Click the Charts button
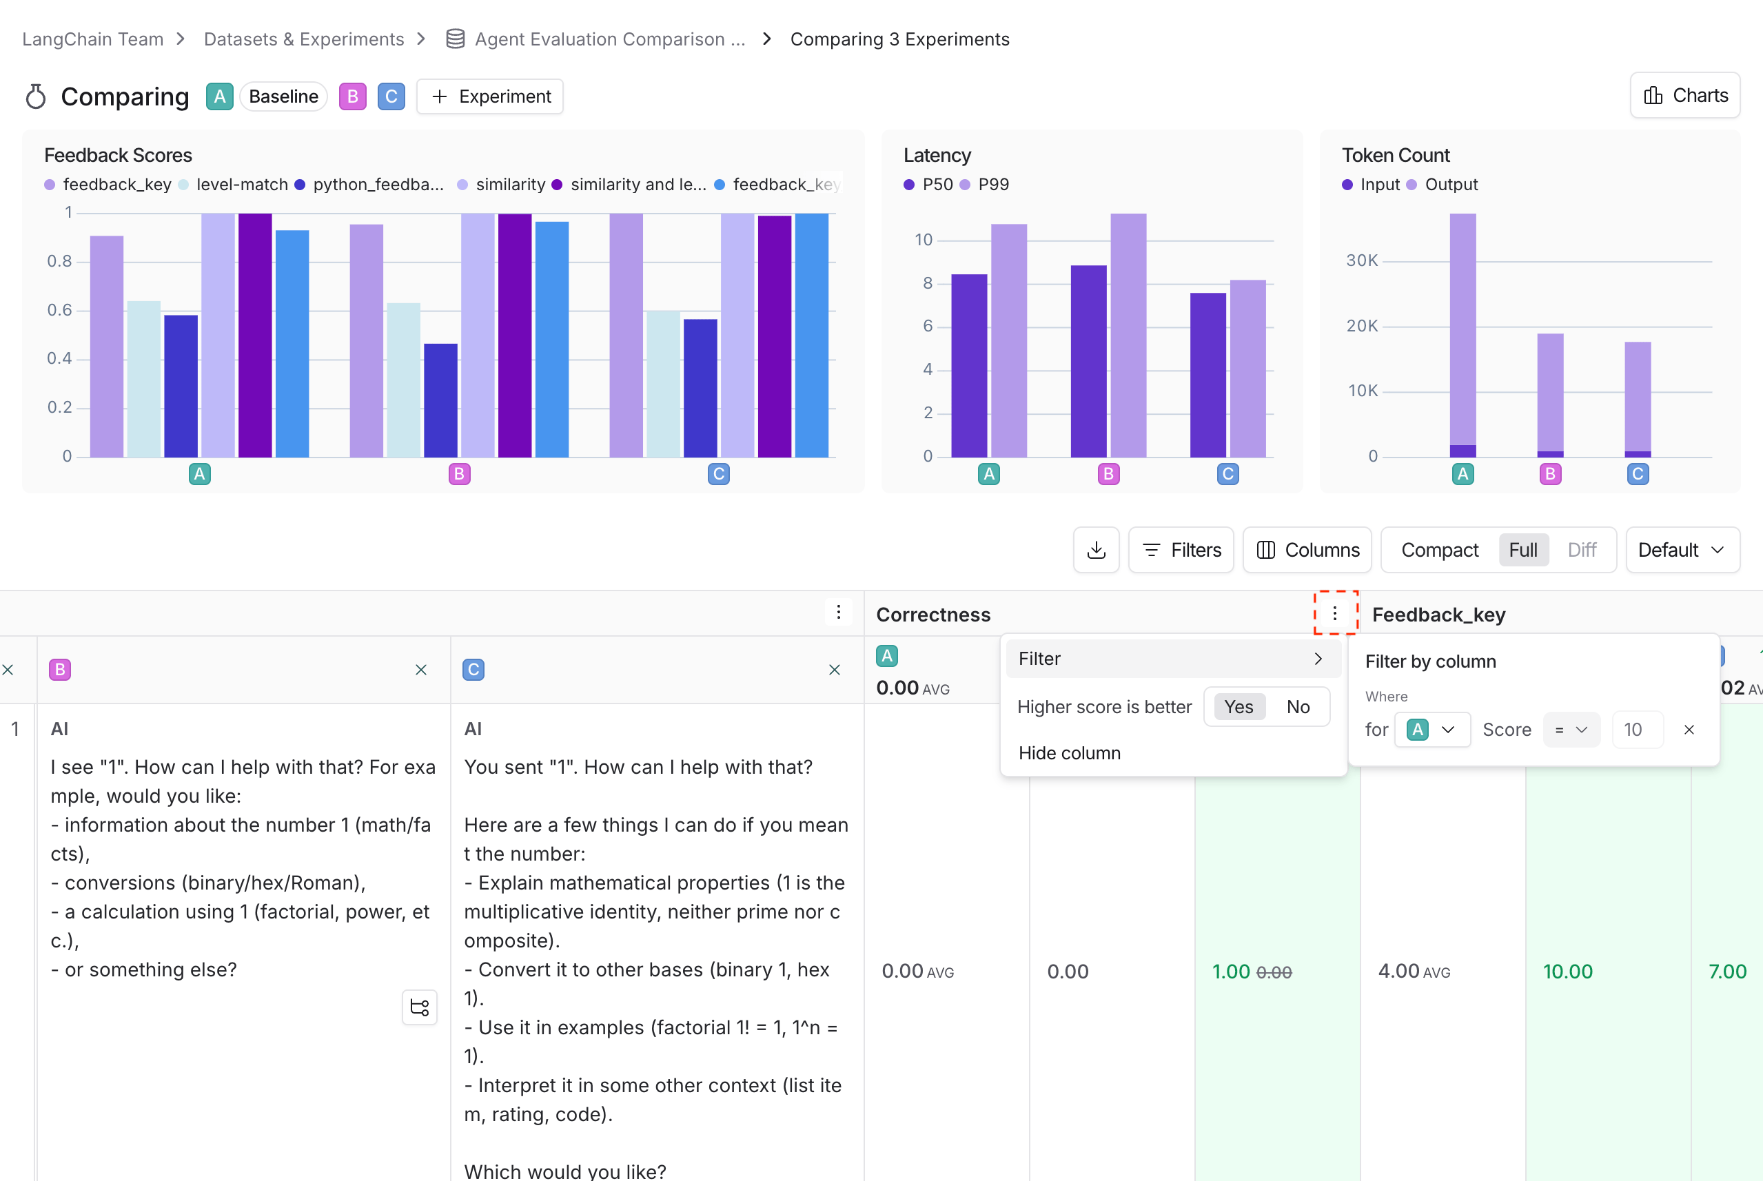pyautogui.click(x=1684, y=96)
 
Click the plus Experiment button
pyautogui.click(x=490, y=96)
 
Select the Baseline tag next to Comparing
pyautogui.click(x=283, y=96)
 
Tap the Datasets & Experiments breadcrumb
pyautogui.click(x=304, y=39)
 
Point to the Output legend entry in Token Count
pyautogui.click(x=1442, y=185)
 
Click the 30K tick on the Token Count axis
pyautogui.click(x=1362, y=260)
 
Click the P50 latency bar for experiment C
pyautogui.click(x=1207, y=375)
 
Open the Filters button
pyautogui.click(x=1181, y=550)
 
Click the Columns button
pyautogui.click(x=1307, y=550)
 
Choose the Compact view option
pyautogui.click(x=1439, y=550)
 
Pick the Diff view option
pyautogui.click(x=1582, y=550)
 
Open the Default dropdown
pyautogui.click(x=1682, y=550)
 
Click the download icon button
pyautogui.click(x=1097, y=550)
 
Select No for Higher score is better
pyautogui.click(x=1297, y=706)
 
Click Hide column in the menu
pyautogui.click(x=1069, y=753)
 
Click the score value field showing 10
pyautogui.click(x=1637, y=730)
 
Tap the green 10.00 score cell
pyautogui.click(x=1567, y=972)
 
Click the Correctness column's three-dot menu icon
pyautogui.click(x=1334, y=613)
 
